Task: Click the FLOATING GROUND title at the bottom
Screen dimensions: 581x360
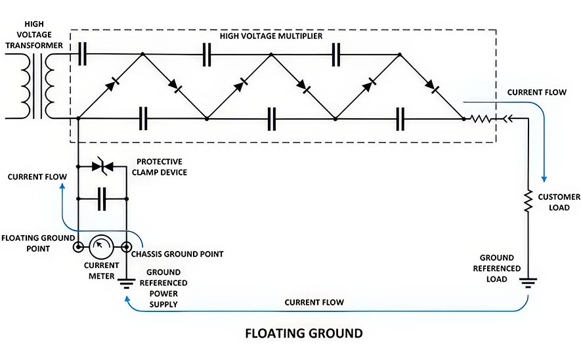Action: (304, 333)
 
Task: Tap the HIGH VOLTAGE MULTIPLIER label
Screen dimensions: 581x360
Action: (271, 36)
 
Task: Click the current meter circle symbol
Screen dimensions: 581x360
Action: (101, 246)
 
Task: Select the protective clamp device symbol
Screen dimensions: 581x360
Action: (102, 166)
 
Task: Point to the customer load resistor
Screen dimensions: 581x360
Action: (528, 201)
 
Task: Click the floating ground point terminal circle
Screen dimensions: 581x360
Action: (78, 247)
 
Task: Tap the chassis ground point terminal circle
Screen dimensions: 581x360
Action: (126, 247)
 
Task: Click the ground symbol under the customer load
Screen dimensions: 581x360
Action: (528, 283)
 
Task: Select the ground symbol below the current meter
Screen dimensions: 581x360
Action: (126, 284)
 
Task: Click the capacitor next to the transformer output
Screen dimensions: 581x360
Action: (82, 54)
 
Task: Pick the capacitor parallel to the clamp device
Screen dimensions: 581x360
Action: (102, 199)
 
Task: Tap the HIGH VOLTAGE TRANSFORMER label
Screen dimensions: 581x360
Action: (34, 34)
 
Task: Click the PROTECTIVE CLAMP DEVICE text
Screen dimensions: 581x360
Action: (160, 167)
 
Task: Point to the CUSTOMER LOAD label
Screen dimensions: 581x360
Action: (559, 202)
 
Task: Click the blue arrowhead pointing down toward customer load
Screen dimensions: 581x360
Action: (544, 179)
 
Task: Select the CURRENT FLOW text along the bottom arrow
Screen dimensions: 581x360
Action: (314, 302)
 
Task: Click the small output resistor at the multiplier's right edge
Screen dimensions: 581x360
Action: (481, 119)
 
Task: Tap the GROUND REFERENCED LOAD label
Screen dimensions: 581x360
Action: (496, 268)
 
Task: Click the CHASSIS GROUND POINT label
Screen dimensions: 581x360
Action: (177, 254)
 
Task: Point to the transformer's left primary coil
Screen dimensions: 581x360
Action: (26, 86)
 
